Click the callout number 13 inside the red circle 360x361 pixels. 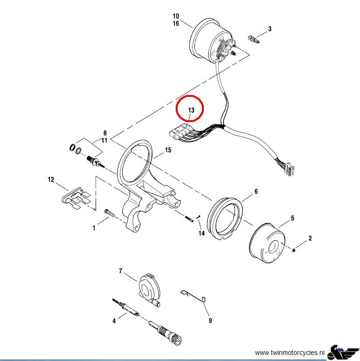click(191, 110)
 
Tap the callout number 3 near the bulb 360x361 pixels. click(270, 29)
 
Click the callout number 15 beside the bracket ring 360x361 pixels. click(168, 150)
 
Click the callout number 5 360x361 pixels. click(292, 218)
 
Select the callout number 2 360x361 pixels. click(310, 238)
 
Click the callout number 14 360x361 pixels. click(201, 233)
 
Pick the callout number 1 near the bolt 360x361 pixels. click(94, 228)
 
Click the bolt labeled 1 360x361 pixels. click(111, 213)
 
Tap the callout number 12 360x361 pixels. click(51, 179)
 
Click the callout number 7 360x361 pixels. click(120, 271)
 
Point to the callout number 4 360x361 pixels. click(113, 320)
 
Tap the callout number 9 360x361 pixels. click(210, 320)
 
